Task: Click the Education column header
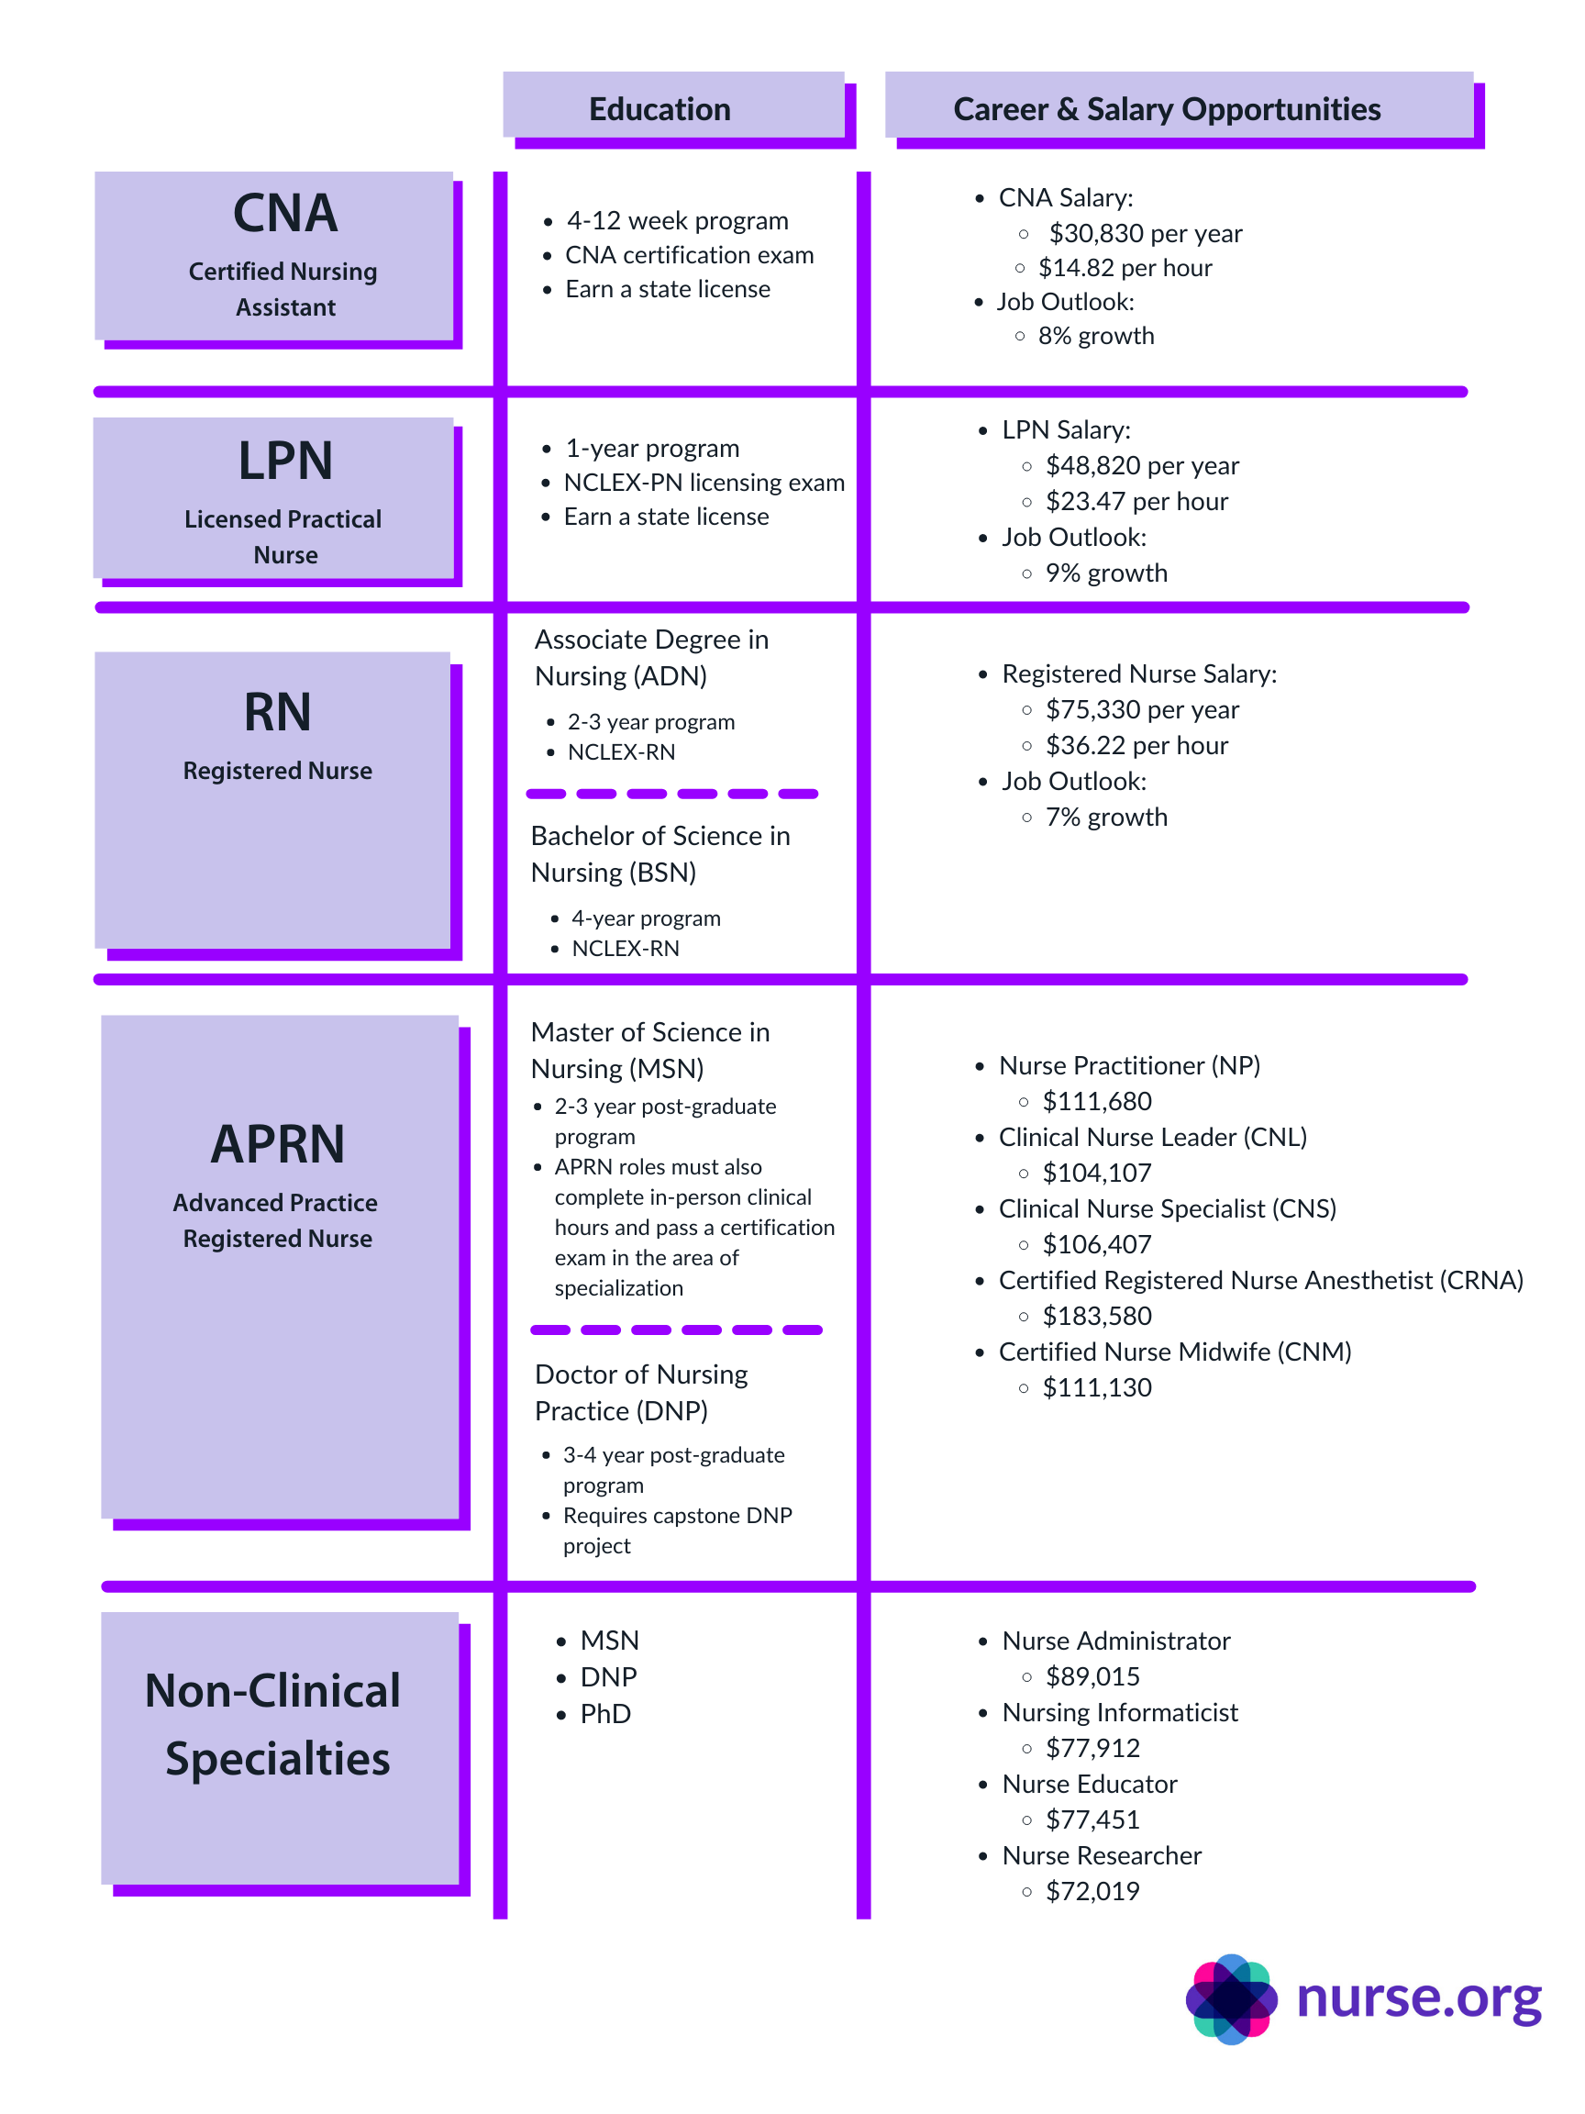pos(659,109)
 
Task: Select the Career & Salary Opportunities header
pos(1166,109)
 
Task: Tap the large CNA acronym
pos(284,213)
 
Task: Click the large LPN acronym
pos(284,461)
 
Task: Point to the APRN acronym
pos(277,1144)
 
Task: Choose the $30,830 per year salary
pos(1145,233)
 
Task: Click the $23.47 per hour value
pos(1136,501)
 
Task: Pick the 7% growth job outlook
pos(1105,818)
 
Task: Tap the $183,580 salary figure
pos(1097,1316)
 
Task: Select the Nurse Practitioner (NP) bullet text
pos(1128,1065)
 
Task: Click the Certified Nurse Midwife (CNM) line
pos(1174,1352)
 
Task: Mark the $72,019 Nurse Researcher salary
pos(1092,1890)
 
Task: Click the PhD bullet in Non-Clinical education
pos(604,1714)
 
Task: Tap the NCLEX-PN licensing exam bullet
pos(704,483)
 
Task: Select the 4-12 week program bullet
pos(676,221)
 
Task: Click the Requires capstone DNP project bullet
pos(676,1530)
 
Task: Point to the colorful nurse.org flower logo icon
pos(1231,1999)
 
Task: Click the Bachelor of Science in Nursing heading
pos(659,853)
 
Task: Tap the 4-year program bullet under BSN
pos(645,918)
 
